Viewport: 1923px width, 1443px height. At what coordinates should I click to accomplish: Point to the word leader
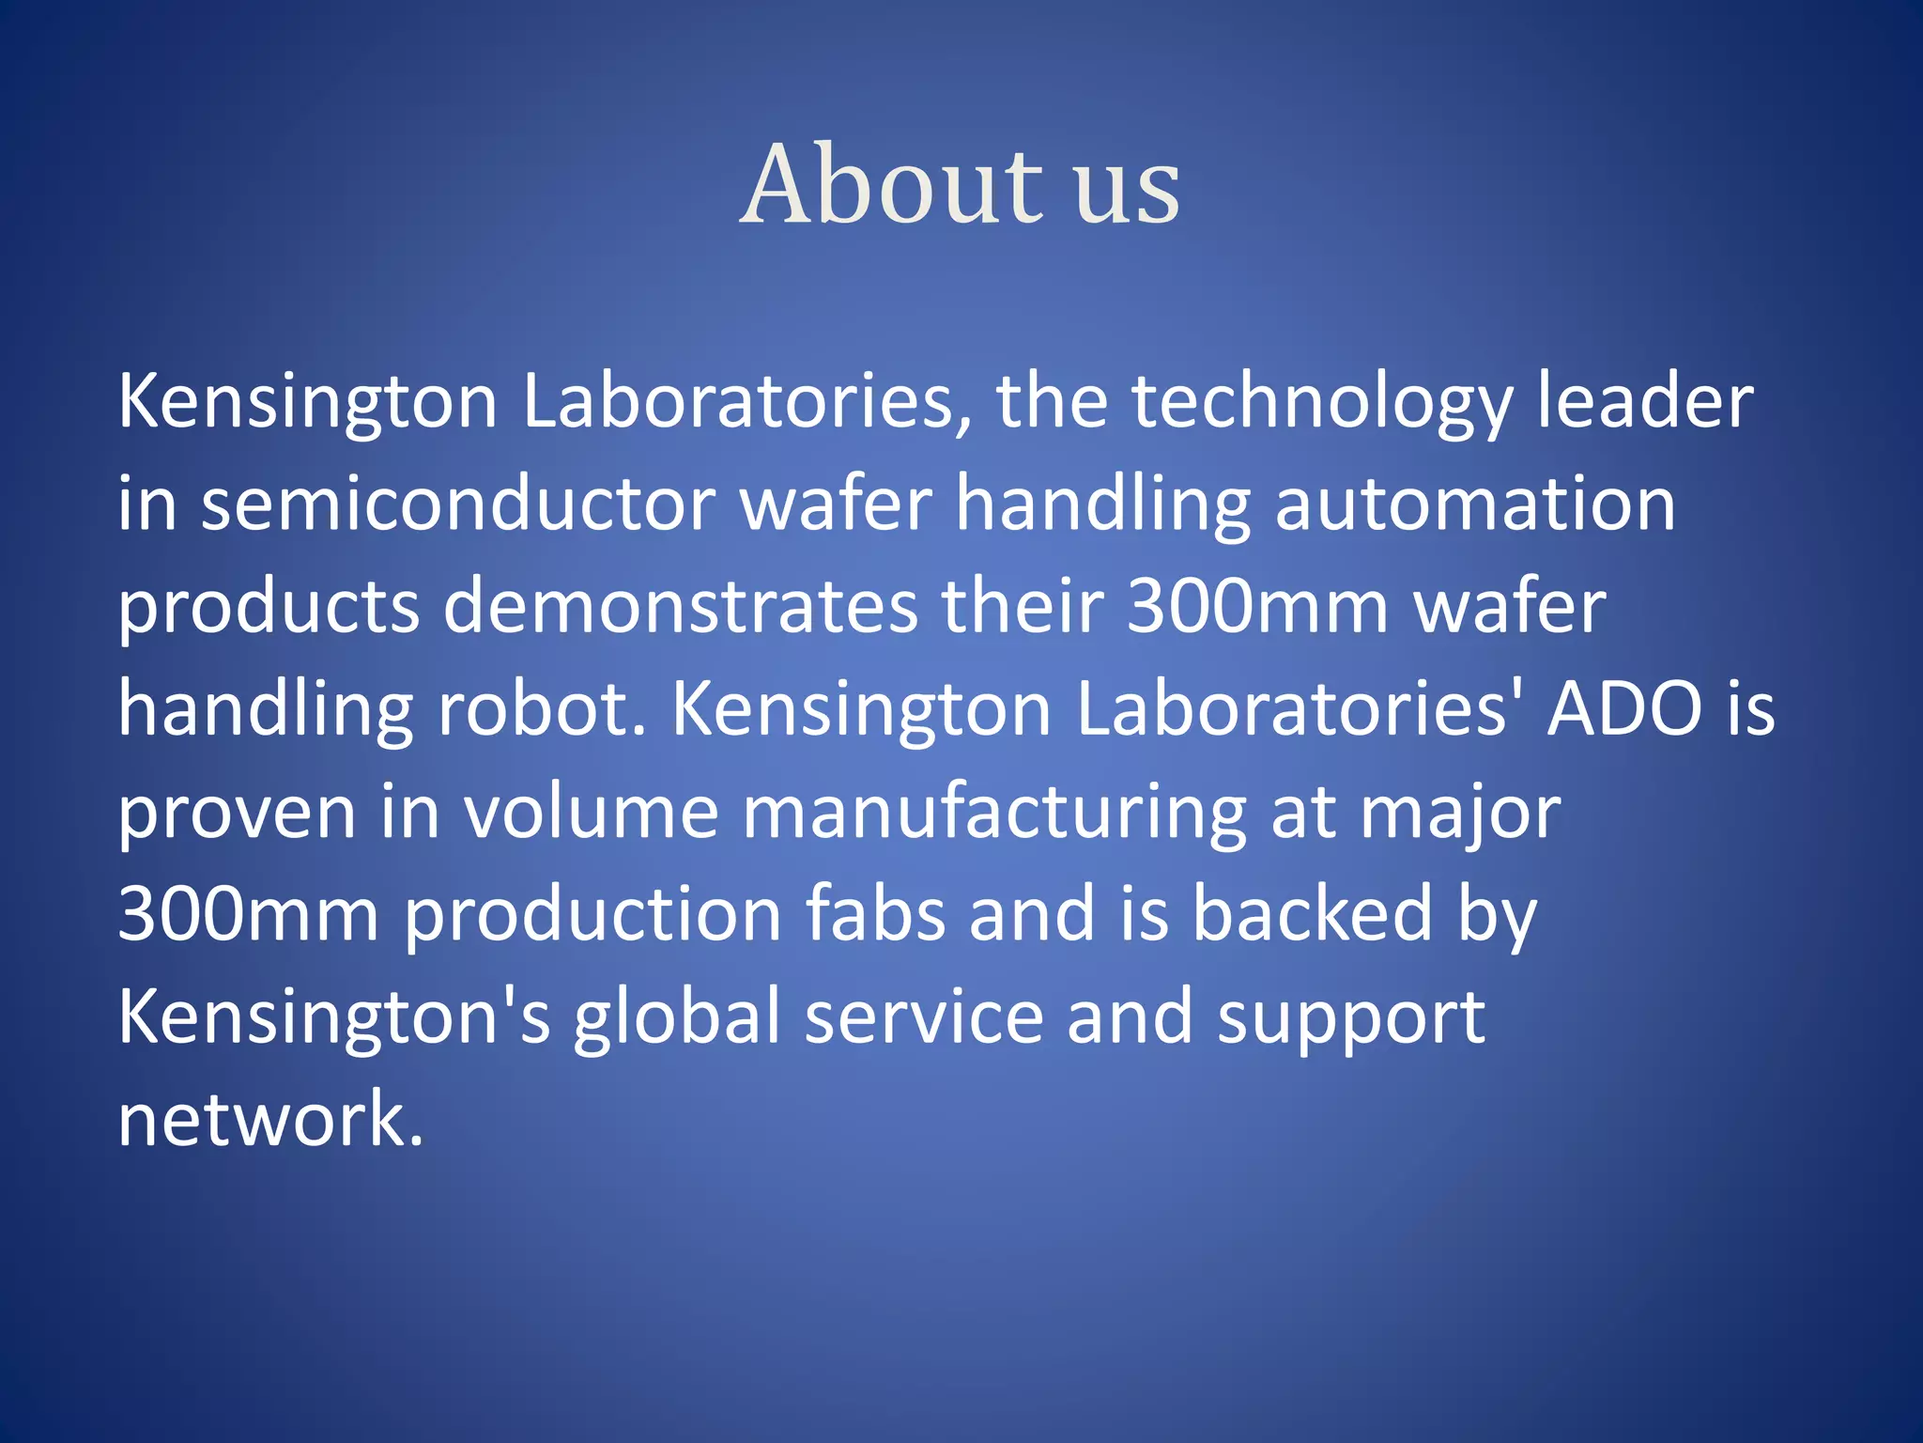(1645, 402)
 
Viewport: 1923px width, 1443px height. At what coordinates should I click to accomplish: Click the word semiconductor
(458, 504)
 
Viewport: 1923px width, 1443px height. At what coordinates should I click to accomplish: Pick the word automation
(1474, 504)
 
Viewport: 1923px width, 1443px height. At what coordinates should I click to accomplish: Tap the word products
(269, 608)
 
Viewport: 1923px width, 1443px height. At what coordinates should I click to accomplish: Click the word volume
(592, 813)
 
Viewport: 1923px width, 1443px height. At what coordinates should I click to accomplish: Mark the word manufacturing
(994, 813)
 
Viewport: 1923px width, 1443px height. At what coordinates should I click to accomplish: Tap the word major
(1460, 813)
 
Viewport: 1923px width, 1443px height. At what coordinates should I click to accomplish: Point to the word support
(1351, 1019)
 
